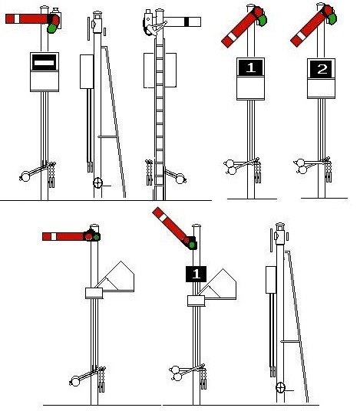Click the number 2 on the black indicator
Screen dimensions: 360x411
(322, 69)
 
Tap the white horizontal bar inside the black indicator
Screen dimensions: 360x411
(45, 63)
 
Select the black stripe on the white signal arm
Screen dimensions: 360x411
(187, 21)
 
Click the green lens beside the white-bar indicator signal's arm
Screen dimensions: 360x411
(52, 28)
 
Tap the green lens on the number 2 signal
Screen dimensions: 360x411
(332, 19)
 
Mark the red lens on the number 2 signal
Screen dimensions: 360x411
(328, 10)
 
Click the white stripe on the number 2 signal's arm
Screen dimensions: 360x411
(301, 36)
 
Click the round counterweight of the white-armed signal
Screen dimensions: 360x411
(180, 179)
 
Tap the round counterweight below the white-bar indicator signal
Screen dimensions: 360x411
(25, 176)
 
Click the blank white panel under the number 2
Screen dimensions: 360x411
(321, 88)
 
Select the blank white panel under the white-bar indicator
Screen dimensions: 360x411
(45, 81)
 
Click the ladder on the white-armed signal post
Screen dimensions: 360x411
(160, 118)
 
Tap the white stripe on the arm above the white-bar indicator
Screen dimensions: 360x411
(17, 19)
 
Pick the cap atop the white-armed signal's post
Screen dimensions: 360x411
(160, 11)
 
